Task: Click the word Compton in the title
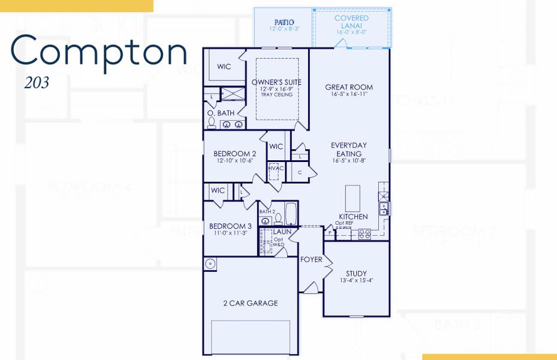(x=98, y=52)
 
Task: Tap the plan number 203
(x=37, y=83)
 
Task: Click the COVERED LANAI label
(x=351, y=22)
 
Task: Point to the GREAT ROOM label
(x=349, y=88)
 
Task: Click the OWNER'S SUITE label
(x=276, y=82)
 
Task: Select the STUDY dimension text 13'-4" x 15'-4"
(x=356, y=280)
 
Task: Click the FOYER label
(x=311, y=260)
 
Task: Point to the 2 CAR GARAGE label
(x=251, y=303)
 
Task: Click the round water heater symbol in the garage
(x=210, y=264)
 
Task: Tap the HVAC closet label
(x=276, y=169)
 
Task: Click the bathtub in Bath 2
(x=290, y=213)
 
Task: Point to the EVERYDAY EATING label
(x=349, y=149)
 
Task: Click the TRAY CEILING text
(x=276, y=95)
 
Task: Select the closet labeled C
(x=300, y=172)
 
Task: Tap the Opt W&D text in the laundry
(x=279, y=242)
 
